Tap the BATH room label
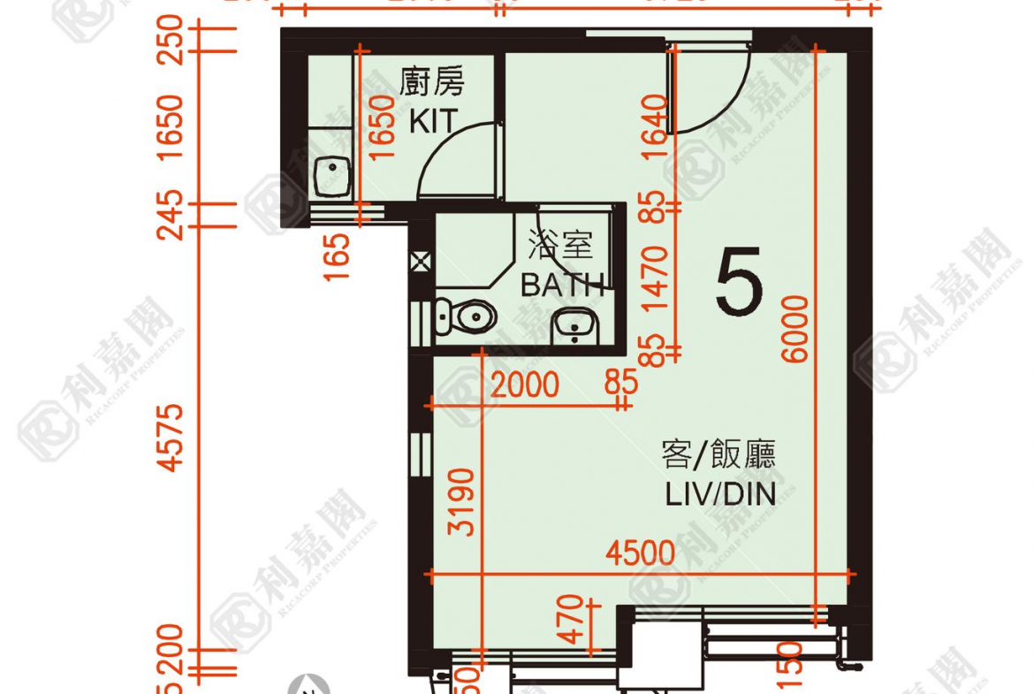[x=562, y=285]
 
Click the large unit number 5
[x=740, y=282]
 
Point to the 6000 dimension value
[x=795, y=329]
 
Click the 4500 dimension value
[x=640, y=553]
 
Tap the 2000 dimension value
[x=525, y=385]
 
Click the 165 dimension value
[x=338, y=255]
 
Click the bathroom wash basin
[x=575, y=330]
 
